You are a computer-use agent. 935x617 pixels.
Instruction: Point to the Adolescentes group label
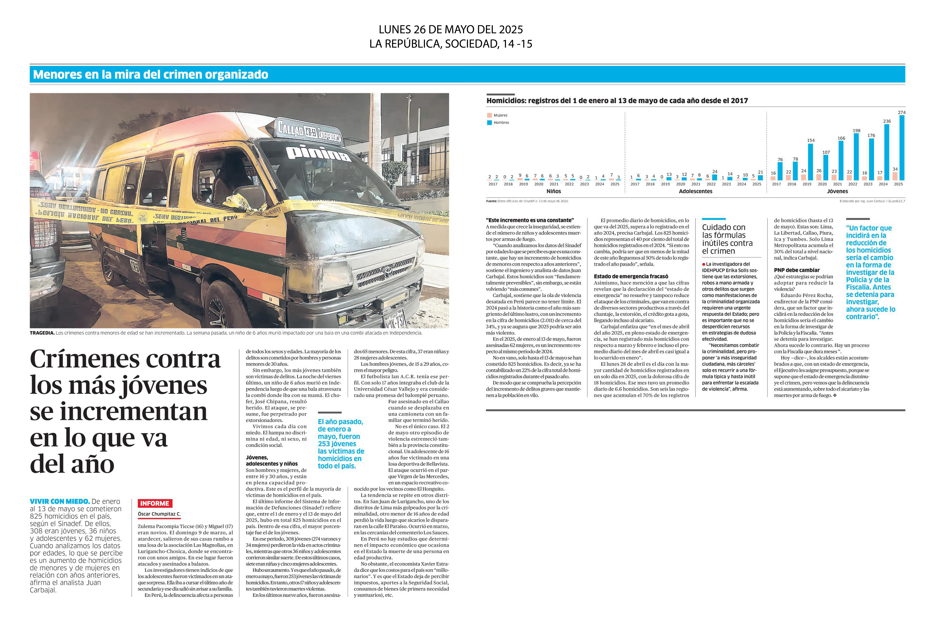pos(695,191)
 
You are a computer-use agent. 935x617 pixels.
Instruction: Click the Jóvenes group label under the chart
pos(837,191)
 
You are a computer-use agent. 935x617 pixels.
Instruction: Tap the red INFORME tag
pos(155,503)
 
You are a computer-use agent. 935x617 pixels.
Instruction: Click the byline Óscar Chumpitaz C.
pos(159,514)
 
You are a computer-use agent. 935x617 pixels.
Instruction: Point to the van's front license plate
pos(395,319)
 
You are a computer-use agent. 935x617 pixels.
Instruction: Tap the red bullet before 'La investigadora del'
pos(704,264)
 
